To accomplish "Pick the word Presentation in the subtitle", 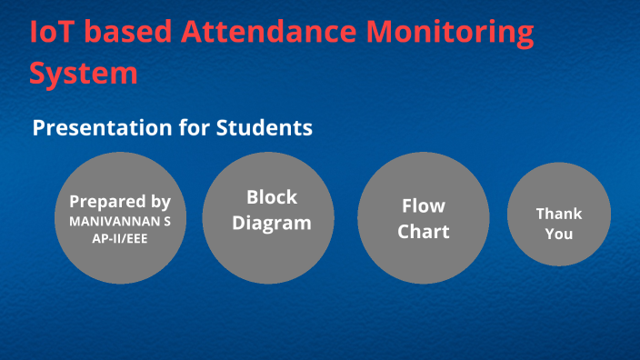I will coord(102,128).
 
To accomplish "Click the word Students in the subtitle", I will coord(265,128).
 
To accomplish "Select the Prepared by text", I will coord(120,202).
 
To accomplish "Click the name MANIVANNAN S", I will coord(120,221).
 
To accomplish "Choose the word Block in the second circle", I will coord(272,197).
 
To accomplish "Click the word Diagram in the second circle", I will coord(272,222).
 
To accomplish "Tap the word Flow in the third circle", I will coord(424,206).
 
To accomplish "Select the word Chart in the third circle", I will coord(424,231).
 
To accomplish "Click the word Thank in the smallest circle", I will coord(558,214).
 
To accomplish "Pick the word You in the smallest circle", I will coord(558,234).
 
